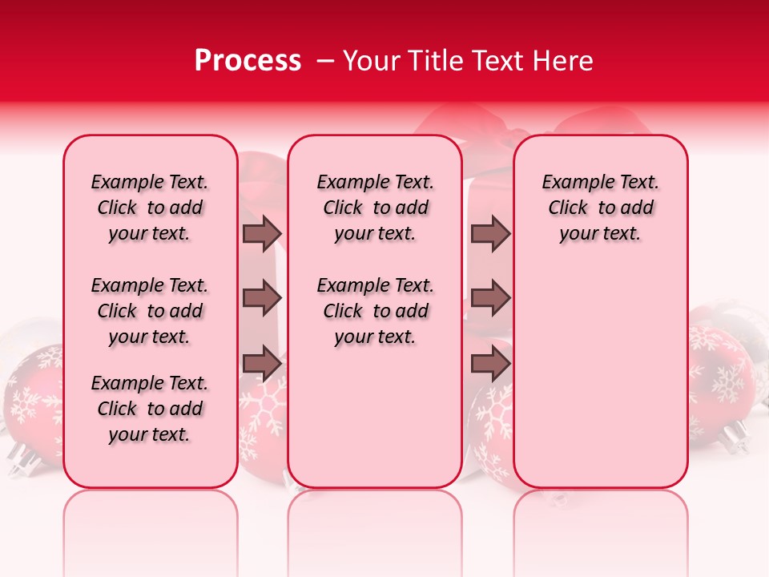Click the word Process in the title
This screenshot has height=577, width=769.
pos(248,61)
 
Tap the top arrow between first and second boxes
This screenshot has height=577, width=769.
pos(262,234)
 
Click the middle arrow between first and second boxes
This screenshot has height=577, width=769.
pos(262,299)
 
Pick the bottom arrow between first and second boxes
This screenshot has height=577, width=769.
pos(262,364)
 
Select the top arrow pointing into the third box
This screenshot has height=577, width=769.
pos(490,234)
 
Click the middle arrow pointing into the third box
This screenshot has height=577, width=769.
pos(490,299)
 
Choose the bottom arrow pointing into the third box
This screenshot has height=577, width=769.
pos(490,364)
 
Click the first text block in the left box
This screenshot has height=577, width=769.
pos(150,208)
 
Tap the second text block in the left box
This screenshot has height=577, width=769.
pos(150,311)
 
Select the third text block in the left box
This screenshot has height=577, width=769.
pos(150,409)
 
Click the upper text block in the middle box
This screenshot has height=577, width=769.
pos(375,208)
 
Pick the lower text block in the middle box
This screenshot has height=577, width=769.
pos(375,311)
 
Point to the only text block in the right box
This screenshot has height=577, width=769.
pos(600,208)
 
